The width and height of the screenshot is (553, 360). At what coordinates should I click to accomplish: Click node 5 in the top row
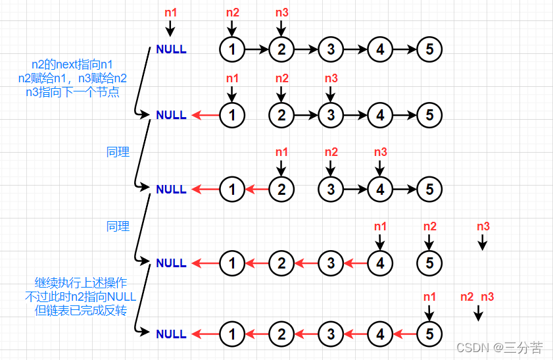click(429, 49)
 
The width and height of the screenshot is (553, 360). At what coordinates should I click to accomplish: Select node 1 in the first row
click(231, 49)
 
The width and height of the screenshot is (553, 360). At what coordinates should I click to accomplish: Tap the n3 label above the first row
click(281, 13)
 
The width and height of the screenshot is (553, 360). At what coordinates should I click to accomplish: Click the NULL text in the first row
click(171, 49)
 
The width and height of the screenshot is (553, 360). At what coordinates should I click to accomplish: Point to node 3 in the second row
click(331, 115)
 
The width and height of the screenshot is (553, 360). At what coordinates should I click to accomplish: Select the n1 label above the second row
click(232, 78)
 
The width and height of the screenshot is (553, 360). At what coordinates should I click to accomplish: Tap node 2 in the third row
click(281, 190)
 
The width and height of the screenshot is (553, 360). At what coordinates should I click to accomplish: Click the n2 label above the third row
click(331, 152)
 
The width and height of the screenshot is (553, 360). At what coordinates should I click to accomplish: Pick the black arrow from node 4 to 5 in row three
click(404, 190)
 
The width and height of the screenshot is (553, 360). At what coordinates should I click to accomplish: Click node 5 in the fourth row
click(429, 263)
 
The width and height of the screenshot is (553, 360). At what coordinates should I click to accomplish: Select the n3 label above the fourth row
click(483, 226)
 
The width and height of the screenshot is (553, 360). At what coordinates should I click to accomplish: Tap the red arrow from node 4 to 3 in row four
click(355, 263)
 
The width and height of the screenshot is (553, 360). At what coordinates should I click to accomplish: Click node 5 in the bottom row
click(429, 334)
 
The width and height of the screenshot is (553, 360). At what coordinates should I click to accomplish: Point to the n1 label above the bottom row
click(429, 297)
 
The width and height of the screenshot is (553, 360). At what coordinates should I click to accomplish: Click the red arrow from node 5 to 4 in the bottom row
click(404, 334)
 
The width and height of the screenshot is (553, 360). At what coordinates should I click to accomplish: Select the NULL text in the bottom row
click(171, 334)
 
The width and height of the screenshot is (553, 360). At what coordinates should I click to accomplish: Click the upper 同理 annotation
click(118, 152)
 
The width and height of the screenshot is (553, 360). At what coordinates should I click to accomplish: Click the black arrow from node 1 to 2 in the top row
click(256, 49)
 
